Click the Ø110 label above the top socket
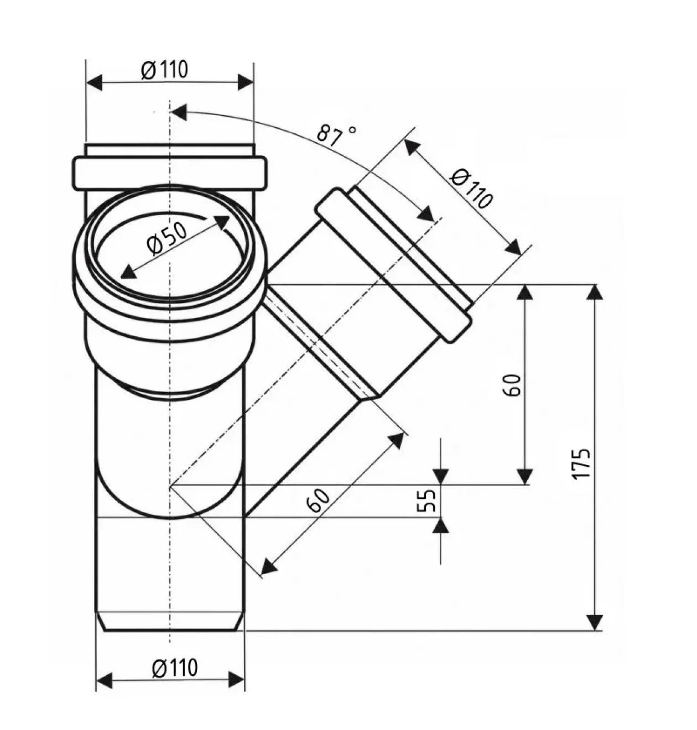point(165,70)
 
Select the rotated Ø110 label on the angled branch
point(471,189)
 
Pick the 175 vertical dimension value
point(581,465)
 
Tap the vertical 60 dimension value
point(513,385)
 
